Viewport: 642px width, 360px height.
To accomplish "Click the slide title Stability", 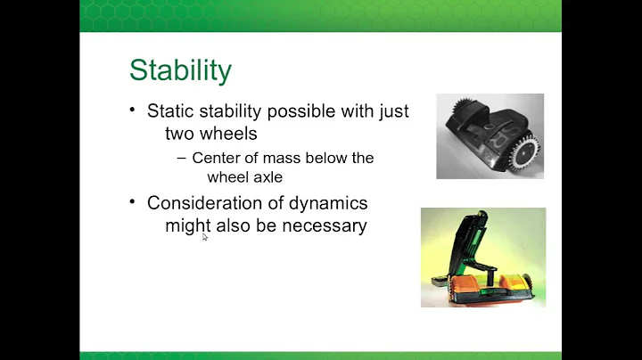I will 181,70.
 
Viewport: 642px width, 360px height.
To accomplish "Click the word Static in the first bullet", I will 169,111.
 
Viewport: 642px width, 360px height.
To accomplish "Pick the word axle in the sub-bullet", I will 265,176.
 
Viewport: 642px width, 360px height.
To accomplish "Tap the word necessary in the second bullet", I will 325,225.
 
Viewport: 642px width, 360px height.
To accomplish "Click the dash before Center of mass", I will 182,158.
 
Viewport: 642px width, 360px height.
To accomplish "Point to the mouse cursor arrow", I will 204,236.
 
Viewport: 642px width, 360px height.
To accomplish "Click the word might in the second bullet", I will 186,225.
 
